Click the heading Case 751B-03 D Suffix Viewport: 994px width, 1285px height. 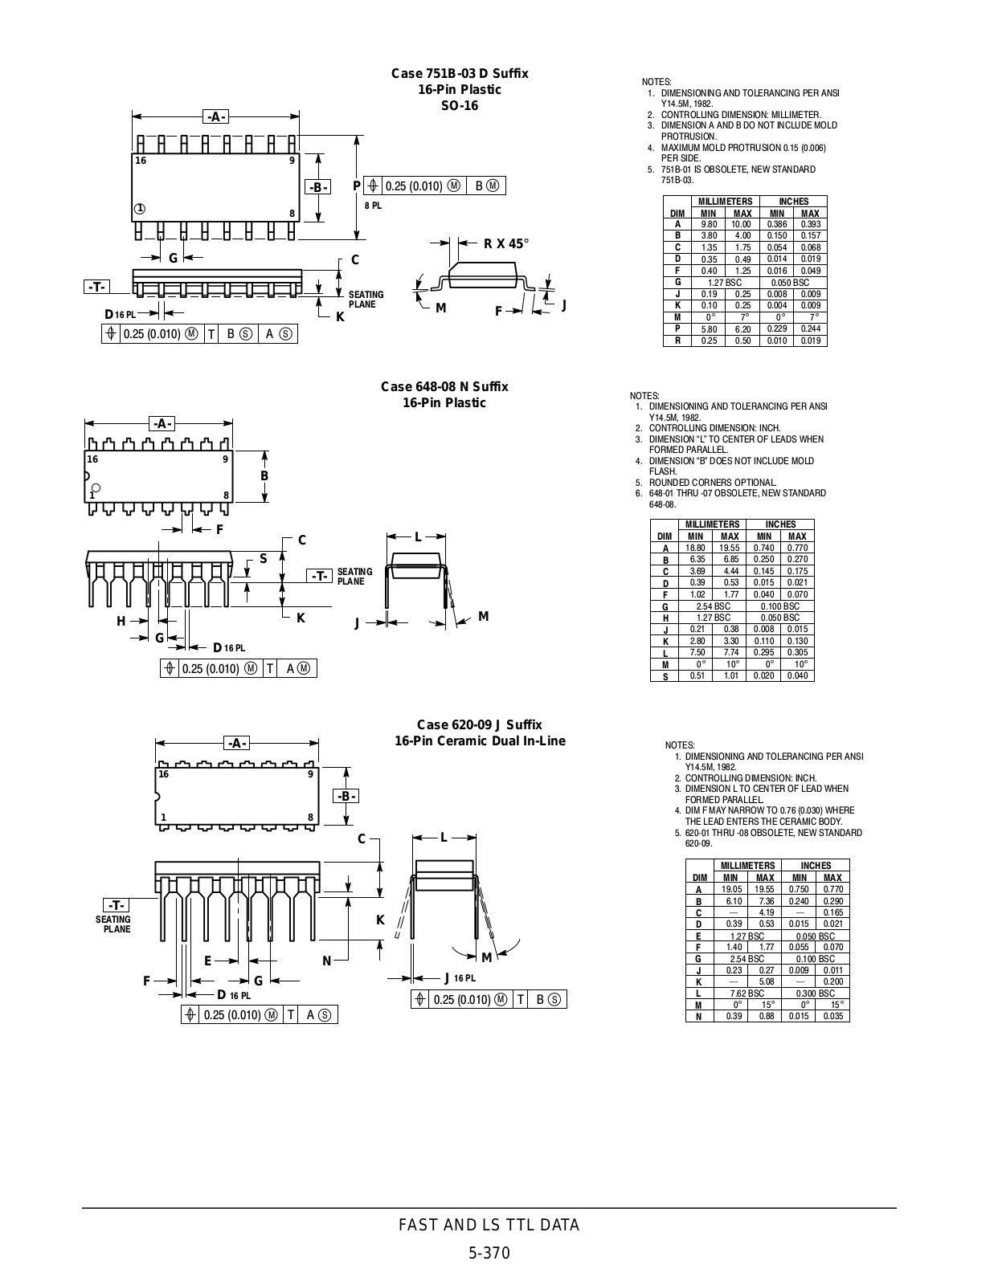point(460,74)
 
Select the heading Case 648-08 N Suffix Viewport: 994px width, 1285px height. point(444,387)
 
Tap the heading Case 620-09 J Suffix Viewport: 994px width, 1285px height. point(479,724)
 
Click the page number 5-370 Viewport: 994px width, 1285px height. point(489,1254)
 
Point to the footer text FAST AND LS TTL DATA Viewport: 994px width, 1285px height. point(489,1225)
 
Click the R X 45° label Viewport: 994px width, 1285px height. point(506,244)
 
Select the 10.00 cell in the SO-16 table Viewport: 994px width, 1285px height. point(742,225)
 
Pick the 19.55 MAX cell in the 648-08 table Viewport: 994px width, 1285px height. point(730,548)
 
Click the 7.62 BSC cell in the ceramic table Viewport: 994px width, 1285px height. point(747,993)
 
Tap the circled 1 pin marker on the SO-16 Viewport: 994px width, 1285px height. point(140,209)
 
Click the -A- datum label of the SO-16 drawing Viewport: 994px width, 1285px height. point(215,117)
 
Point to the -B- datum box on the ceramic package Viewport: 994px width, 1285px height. point(346,796)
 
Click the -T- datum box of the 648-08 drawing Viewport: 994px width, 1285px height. point(319,576)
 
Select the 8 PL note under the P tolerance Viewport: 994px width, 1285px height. point(374,206)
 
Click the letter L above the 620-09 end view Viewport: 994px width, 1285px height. point(444,838)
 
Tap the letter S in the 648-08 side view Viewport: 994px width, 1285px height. point(263,559)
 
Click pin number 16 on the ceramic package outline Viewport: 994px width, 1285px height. point(163,774)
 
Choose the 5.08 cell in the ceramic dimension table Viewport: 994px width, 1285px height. point(765,981)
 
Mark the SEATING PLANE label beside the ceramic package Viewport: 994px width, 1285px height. point(113,924)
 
